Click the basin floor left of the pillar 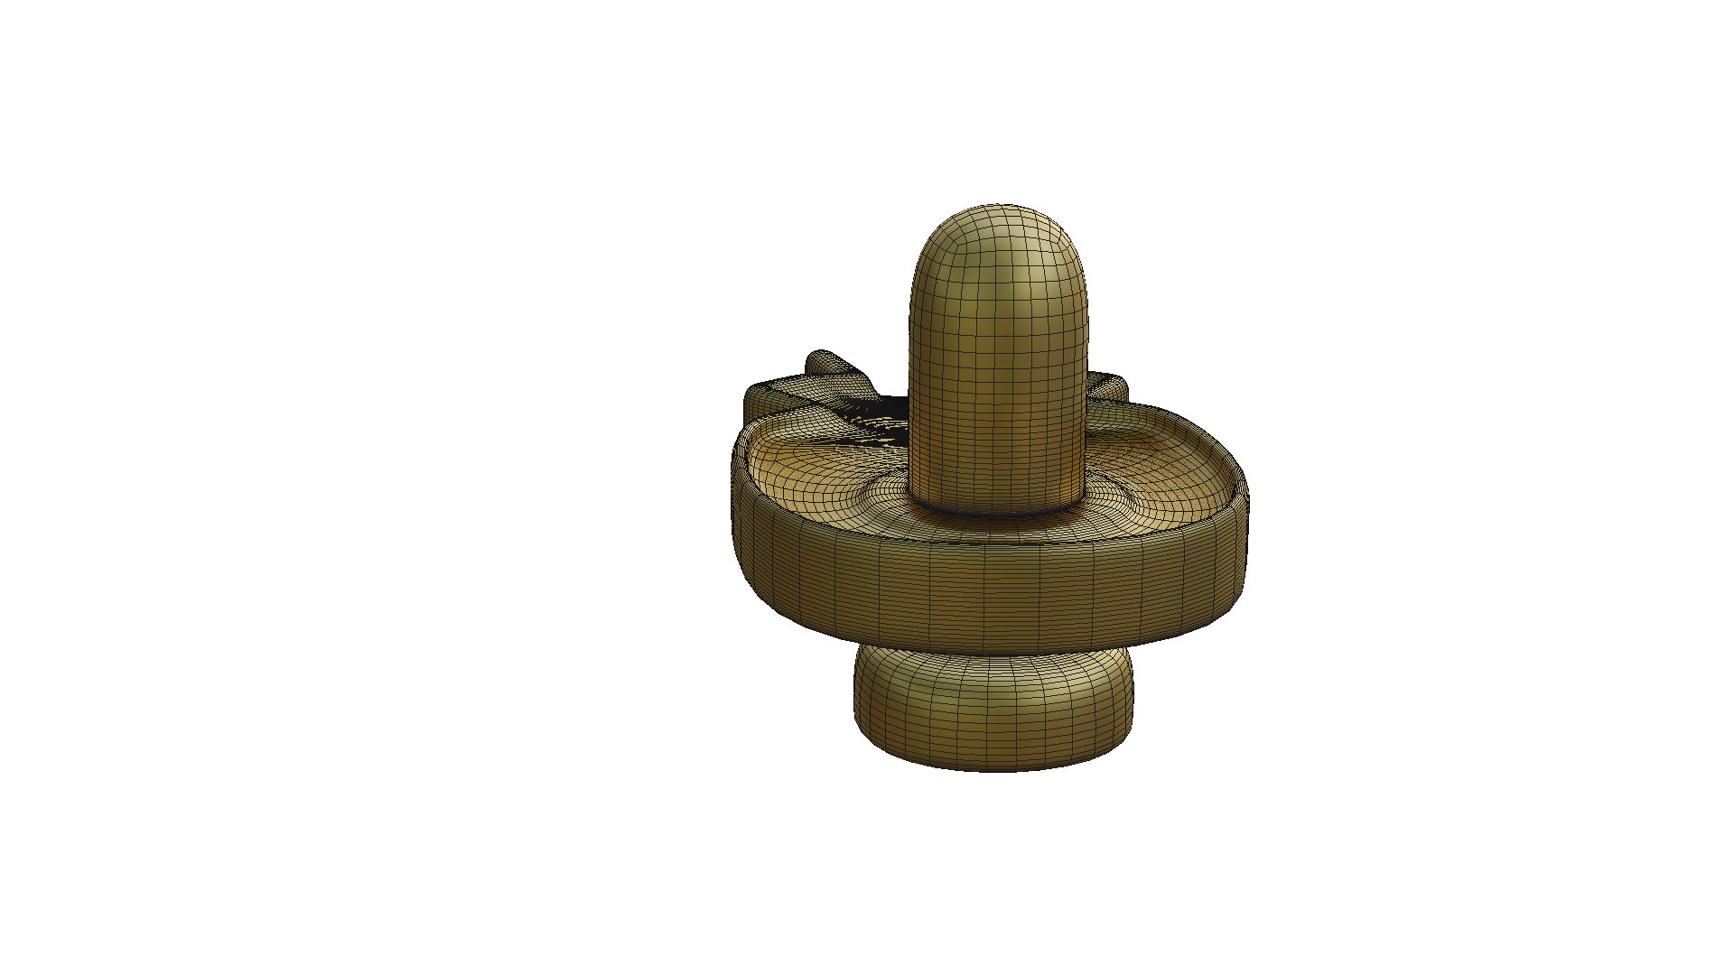coord(813,469)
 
